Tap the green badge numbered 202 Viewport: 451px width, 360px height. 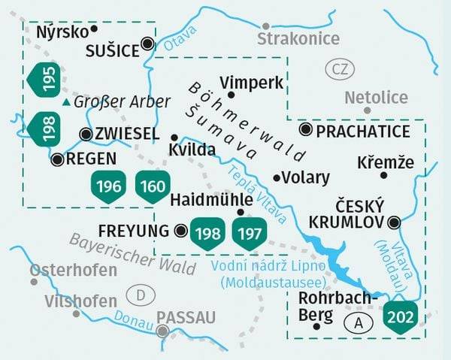point(400,313)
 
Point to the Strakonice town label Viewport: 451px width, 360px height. point(298,38)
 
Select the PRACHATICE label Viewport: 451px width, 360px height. point(363,131)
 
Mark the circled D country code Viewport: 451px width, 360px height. point(138,292)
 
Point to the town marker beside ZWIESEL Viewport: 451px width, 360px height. point(86,134)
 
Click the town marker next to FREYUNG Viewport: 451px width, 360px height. point(180,230)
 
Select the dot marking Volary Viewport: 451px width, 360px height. point(277,178)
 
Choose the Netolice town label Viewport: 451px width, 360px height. point(376,97)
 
